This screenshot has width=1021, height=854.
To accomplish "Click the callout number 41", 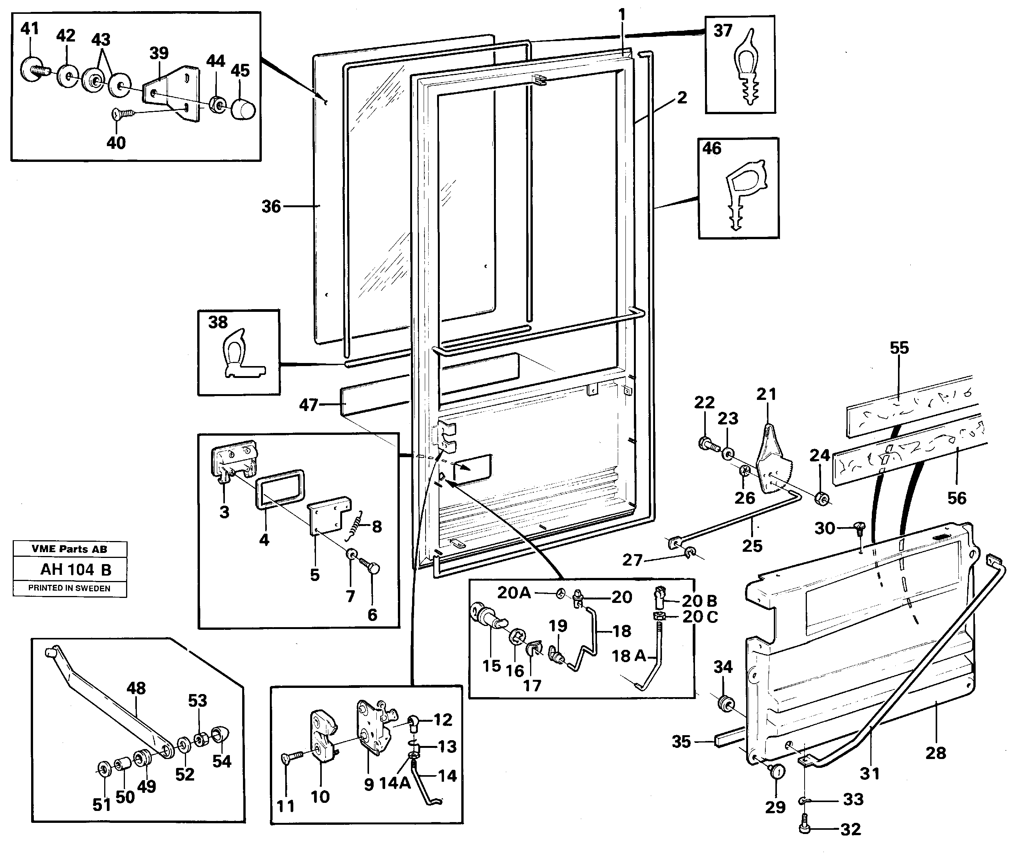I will coord(30,29).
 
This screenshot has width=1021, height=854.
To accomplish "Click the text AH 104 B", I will coord(75,569).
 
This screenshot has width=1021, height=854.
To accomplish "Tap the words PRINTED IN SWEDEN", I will coord(69,588).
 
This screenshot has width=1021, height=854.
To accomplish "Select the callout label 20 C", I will coord(700,617).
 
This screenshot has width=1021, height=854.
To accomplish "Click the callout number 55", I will coord(899,348).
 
